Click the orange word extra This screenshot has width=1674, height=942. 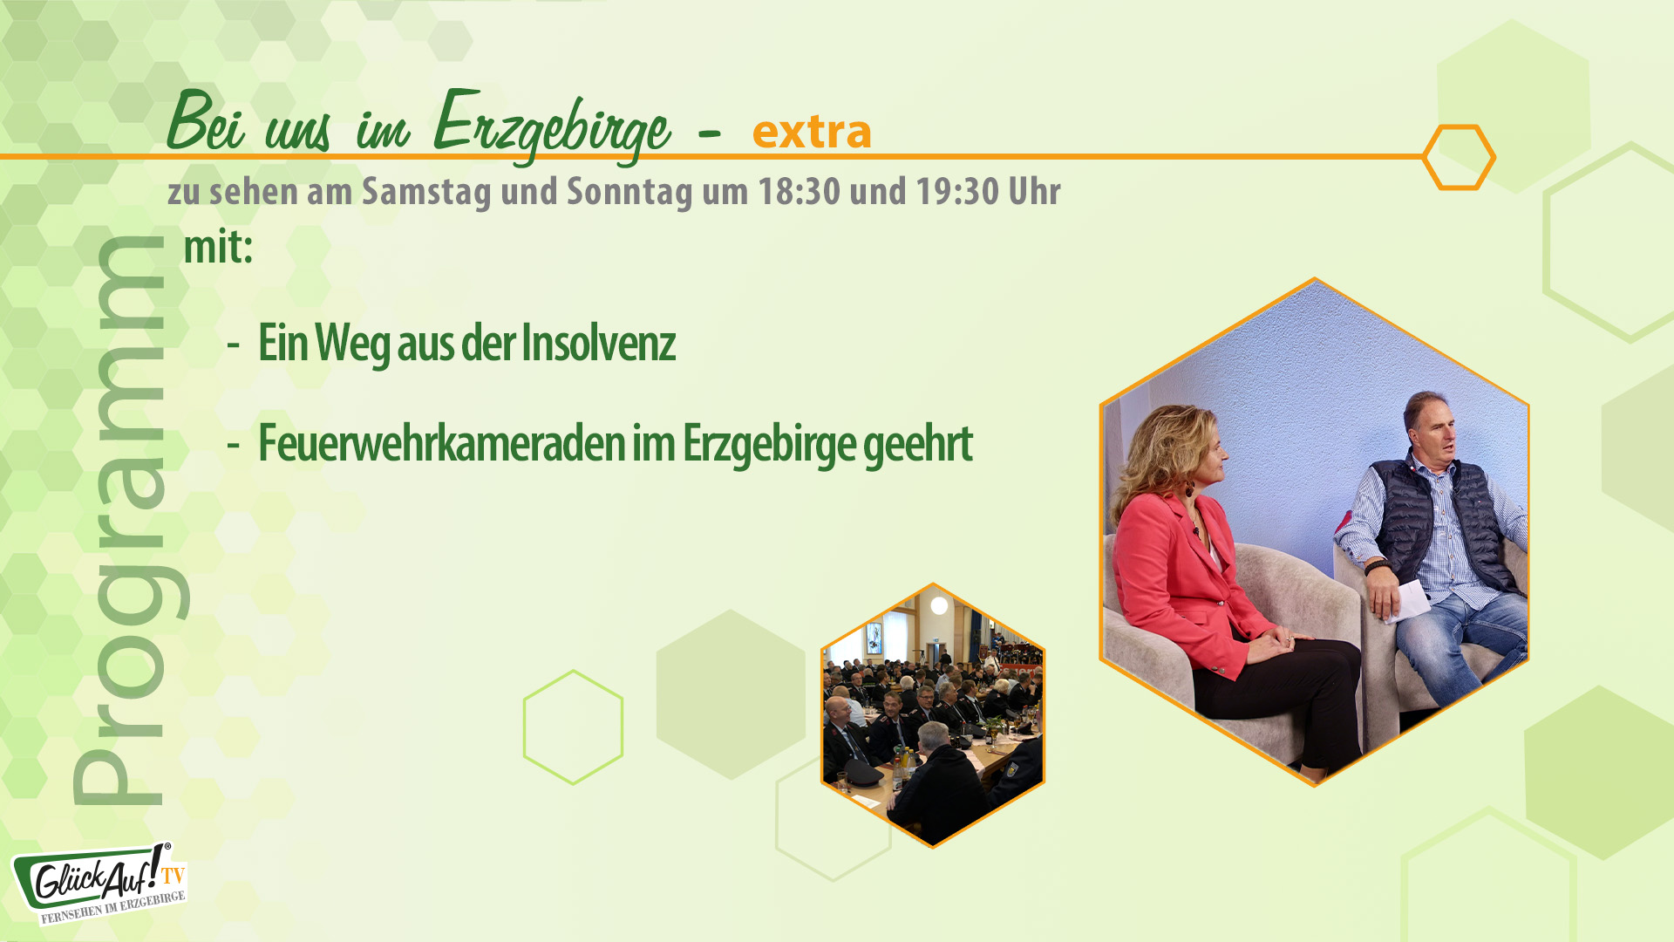point(811,132)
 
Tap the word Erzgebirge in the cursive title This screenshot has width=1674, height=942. point(551,126)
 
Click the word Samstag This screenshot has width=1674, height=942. point(426,192)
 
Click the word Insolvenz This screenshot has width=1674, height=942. point(598,343)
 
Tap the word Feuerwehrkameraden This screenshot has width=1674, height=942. point(442,443)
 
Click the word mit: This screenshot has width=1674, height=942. point(218,247)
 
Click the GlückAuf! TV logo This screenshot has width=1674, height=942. point(98,884)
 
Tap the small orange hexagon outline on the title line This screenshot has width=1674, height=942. point(1459,157)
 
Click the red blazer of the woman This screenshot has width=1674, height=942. point(1168,567)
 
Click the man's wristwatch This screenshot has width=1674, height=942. point(1378,566)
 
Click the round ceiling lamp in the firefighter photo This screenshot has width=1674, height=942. point(939,605)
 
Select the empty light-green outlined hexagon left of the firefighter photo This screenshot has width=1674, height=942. point(573,727)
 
